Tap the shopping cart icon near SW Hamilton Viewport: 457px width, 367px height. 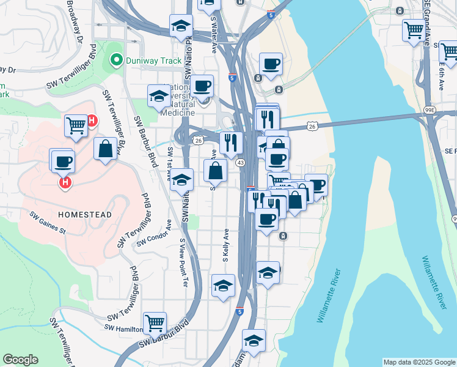[155, 322]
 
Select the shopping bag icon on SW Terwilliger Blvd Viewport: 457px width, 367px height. [105, 149]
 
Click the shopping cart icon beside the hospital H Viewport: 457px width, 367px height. [76, 125]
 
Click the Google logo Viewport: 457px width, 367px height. [20, 360]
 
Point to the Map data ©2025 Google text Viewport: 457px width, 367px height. [419, 362]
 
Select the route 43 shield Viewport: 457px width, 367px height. [240, 163]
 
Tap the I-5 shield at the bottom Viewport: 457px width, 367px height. [239, 311]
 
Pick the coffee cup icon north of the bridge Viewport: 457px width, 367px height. [270, 64]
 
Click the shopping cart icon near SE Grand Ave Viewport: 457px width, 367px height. [414, 29]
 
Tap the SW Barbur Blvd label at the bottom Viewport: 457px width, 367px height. [161, 338]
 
